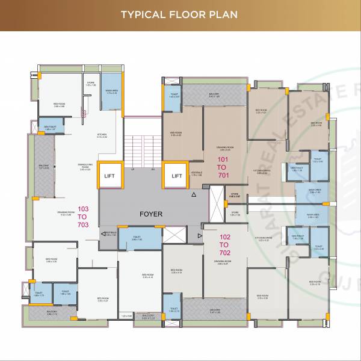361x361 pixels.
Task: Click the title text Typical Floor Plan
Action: click(180, 14)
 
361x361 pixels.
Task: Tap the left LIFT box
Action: click(110, 176)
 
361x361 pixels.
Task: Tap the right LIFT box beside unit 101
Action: click(176, 176)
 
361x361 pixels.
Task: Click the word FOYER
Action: click(151, 214)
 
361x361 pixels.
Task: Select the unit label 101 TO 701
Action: click(223, 166)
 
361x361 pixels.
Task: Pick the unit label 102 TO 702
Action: click(223, 245)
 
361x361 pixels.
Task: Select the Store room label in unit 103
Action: click(90, 84)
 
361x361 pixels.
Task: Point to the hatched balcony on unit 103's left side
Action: click(44, 167)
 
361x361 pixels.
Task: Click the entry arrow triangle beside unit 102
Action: click(200, 238)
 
